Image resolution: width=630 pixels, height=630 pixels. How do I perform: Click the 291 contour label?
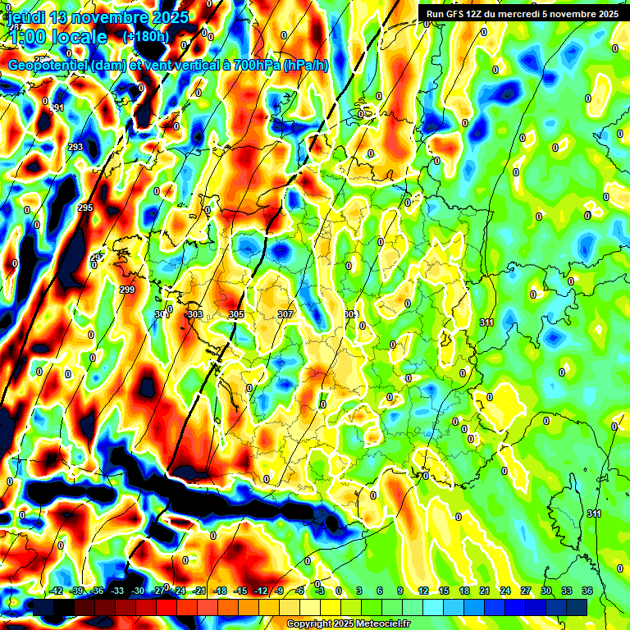(x=57, y=108)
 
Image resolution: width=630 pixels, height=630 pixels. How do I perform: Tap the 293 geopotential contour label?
(x=75, y=147)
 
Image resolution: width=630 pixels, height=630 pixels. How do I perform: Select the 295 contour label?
(x=85, y=208)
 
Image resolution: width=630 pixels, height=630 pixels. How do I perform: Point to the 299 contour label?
(x=126, y=290)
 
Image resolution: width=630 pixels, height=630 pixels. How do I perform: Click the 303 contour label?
(x=194, y=314)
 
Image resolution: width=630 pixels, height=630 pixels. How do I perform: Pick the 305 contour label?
(x=235, y=314)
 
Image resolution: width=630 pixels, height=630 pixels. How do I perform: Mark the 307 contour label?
(x=285, y=314)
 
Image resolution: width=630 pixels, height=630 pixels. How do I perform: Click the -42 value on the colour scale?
(x=57, y=591)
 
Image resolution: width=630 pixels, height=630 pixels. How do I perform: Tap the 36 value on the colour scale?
(x=587, y=591)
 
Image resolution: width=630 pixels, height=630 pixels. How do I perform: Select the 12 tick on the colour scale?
(x=423, y=591)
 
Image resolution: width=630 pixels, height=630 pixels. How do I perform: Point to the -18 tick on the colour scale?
(x=220, y=591)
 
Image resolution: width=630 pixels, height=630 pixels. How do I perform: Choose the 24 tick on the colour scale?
(x=504, y=591)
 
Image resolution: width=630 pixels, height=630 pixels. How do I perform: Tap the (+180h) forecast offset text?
(x=145, y=37)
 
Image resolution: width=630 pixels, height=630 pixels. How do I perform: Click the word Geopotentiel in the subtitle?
(x=48, y=66)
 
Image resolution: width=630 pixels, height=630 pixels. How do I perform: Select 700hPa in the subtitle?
(x=253, y=66)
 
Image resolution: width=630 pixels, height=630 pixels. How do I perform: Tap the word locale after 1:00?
(x=78, y=37)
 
